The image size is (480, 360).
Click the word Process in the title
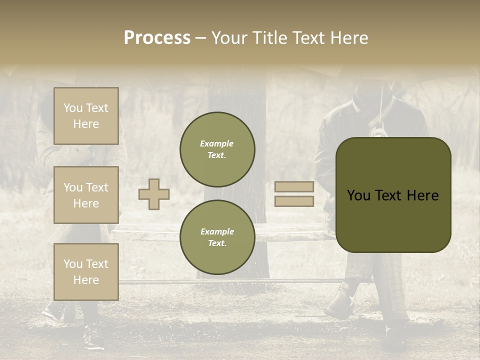[x=157, y=38]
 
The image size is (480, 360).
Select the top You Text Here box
[x=86, y=116]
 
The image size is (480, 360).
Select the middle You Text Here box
[x=86, y=195]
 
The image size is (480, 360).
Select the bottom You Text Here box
[x=86, y=272]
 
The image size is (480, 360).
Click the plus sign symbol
[x=154, y=194]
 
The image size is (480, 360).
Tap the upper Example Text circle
[x=217, y=149]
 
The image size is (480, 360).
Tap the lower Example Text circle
[x=217, y=237]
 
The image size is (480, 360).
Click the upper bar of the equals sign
[x=294, y=187]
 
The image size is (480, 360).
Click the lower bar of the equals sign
[x=294, y=201]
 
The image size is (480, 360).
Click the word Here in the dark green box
[x=422, y=195]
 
